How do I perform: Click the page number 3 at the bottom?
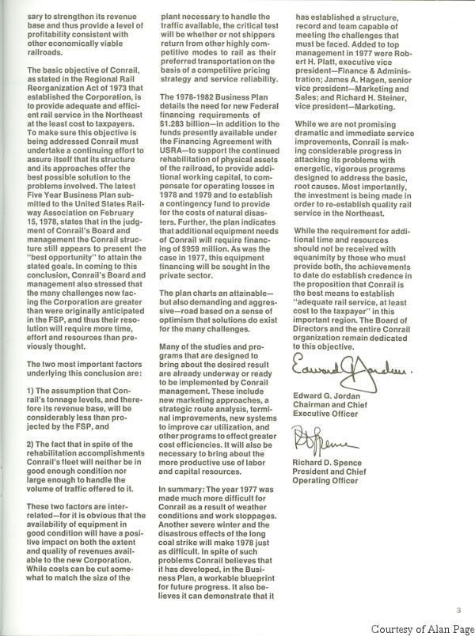point(460,609)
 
